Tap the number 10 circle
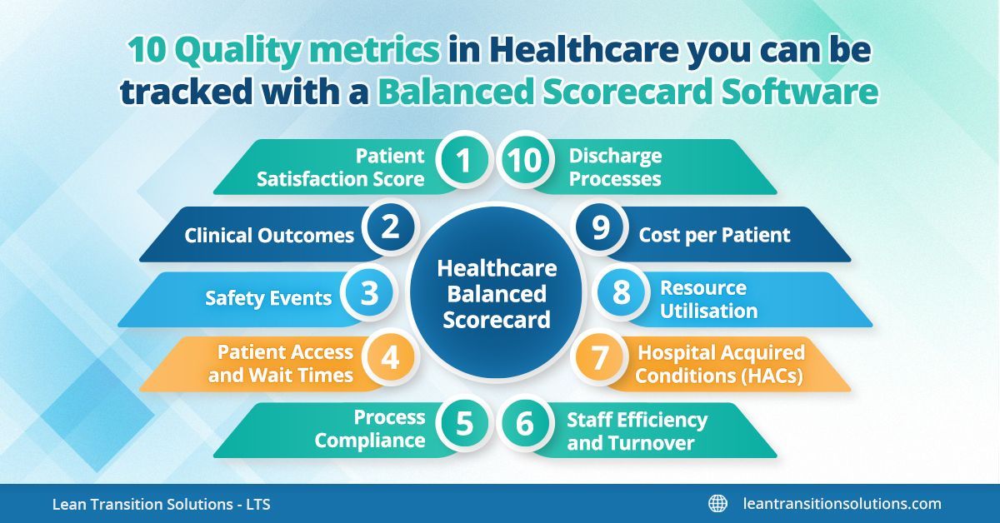pos(523,162)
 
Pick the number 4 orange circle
pos(391,358)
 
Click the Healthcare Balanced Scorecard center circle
pos(497,293)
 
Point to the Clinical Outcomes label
pos(269,235)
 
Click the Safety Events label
pos(268,298)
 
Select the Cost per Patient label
pos(714,235)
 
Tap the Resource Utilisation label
pos(708,299)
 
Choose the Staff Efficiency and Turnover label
pos(637,431)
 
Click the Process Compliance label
pos(370,429)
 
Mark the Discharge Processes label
pos(615,167)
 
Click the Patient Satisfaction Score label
pos(341,167)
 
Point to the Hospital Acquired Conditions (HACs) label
pos(721,364)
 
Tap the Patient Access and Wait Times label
pos(281,364)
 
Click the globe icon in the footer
pos(717,503)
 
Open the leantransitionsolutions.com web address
pos(842,503)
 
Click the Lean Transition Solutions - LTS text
pos(161,504)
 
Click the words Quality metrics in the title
pos(284,52)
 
